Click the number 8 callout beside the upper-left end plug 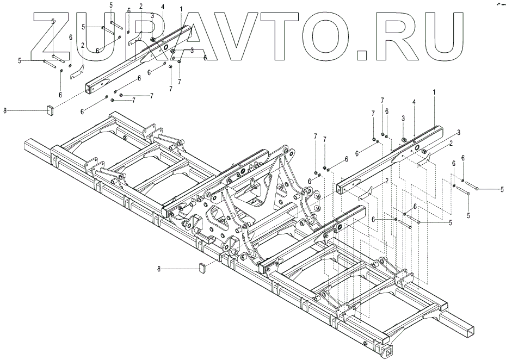click(4, 111)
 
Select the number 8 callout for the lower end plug click(159, 269)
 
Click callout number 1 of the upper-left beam click(181, 9)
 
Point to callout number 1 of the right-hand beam click(434, 93)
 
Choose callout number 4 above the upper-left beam click(163, 7)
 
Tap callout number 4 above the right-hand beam click(414, 102)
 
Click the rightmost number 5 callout click(502, 189)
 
